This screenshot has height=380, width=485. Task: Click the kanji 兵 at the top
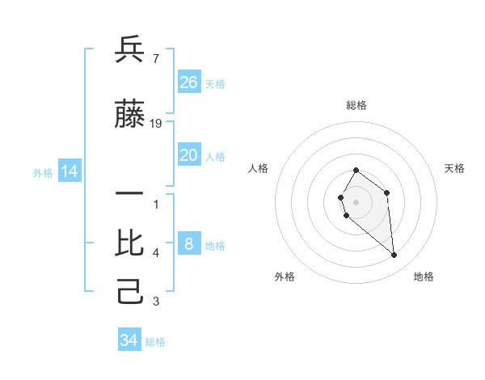[x=129, y=50]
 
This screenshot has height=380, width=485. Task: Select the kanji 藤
[x=129, y=115]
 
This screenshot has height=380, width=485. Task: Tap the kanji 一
[x=129, y=195]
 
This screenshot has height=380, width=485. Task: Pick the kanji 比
[x=129, y=243]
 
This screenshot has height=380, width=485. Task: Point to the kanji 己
[x=129, y=292]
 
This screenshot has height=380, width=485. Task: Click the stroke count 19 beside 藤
[x=156, y=124]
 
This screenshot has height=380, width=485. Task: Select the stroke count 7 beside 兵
[x=155, y=59]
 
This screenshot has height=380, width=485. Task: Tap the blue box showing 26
[x=188, y=82]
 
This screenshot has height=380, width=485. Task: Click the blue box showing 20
[x=188, y=155]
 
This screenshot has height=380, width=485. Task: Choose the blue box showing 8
[x=188, y=244]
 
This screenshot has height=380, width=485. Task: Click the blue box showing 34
[x=129, y=340]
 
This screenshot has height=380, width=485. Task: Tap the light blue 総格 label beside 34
[x=155, y=342]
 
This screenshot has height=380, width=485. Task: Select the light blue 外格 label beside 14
[x=43, y=172]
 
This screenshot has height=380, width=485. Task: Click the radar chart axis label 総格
[x=356, y=105]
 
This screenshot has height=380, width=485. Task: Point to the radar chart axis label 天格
[x=455, y=168]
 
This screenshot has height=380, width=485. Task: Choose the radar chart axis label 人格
[x=259, y=168]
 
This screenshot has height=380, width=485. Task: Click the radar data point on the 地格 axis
[x=394, y=255]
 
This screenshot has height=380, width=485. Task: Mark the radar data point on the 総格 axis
[x=356, y=170]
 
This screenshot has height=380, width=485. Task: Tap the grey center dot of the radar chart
[x=356, y=201]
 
